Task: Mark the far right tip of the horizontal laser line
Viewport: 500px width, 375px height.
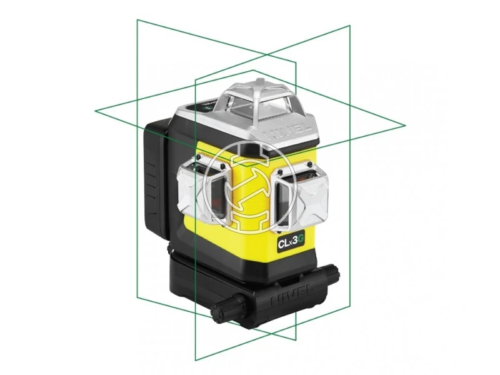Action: click(406, 124)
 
